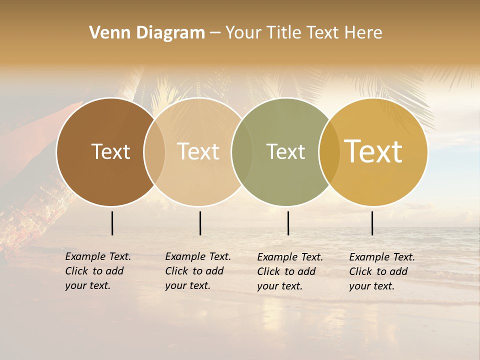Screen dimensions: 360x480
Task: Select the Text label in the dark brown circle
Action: (110, 151)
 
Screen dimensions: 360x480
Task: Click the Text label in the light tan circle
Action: (198, 151)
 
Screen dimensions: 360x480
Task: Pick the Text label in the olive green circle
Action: (285, 151)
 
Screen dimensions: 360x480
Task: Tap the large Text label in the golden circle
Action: (373, 151)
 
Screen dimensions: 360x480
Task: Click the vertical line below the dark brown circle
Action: (112, 223)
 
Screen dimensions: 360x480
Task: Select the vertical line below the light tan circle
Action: (200, 223)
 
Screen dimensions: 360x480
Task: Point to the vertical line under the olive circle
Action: (288, 223)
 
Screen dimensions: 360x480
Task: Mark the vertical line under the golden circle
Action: (372, 223)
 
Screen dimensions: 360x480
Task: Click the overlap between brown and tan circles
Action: (154, 151)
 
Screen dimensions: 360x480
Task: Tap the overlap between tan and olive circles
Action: (242, 151)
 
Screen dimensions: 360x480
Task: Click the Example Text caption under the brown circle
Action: (97, 271)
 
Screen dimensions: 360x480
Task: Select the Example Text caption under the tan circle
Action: (197, 271)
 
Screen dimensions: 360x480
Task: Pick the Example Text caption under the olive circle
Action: (289, 271)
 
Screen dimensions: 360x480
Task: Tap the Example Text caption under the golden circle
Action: (381, 271)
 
